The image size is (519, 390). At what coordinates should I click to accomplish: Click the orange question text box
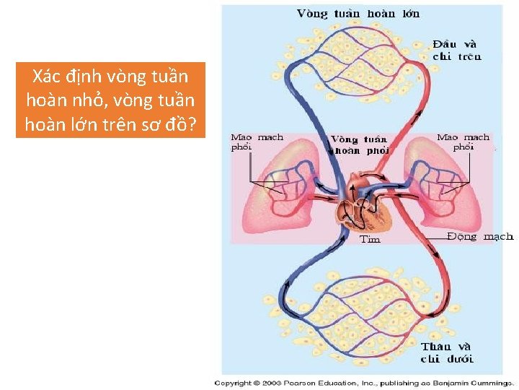point(110,100)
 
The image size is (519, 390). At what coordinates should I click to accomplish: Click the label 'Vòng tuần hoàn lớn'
point(358,14)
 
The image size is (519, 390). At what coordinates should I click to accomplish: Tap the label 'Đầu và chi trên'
point(457,50)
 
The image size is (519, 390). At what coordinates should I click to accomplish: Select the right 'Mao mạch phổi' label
point(463,142)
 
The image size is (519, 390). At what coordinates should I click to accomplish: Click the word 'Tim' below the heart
point(370,239)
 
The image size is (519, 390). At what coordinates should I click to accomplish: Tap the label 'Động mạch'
point(480,236)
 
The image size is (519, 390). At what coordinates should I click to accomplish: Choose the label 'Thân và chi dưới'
point(447,352)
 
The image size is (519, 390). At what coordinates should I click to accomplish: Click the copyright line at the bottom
point(364,383)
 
